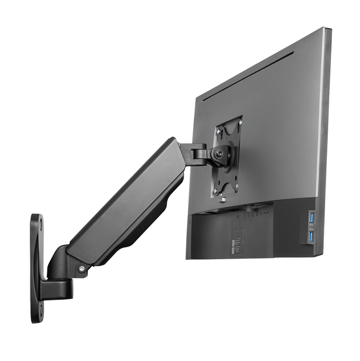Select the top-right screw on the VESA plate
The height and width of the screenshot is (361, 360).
(x=239, y=122)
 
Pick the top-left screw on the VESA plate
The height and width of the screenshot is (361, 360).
(x=217, y=132)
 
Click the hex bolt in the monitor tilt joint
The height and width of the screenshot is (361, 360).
(x=221, y=154)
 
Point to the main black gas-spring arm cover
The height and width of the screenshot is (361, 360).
(x=121, y=203)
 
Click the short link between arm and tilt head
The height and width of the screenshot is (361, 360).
(x=198, y=153)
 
